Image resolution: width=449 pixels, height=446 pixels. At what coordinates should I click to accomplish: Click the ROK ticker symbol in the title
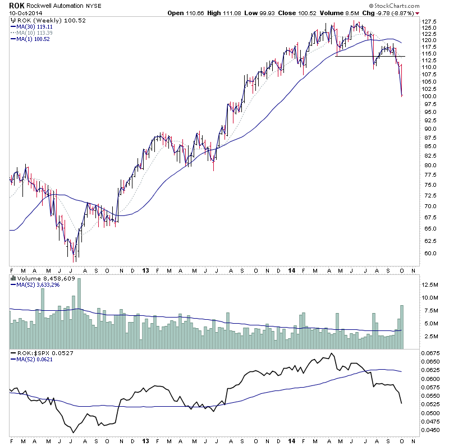16,6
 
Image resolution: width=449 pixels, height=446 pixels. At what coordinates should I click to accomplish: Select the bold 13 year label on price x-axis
145,270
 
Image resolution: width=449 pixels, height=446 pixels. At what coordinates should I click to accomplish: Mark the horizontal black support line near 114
370,56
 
